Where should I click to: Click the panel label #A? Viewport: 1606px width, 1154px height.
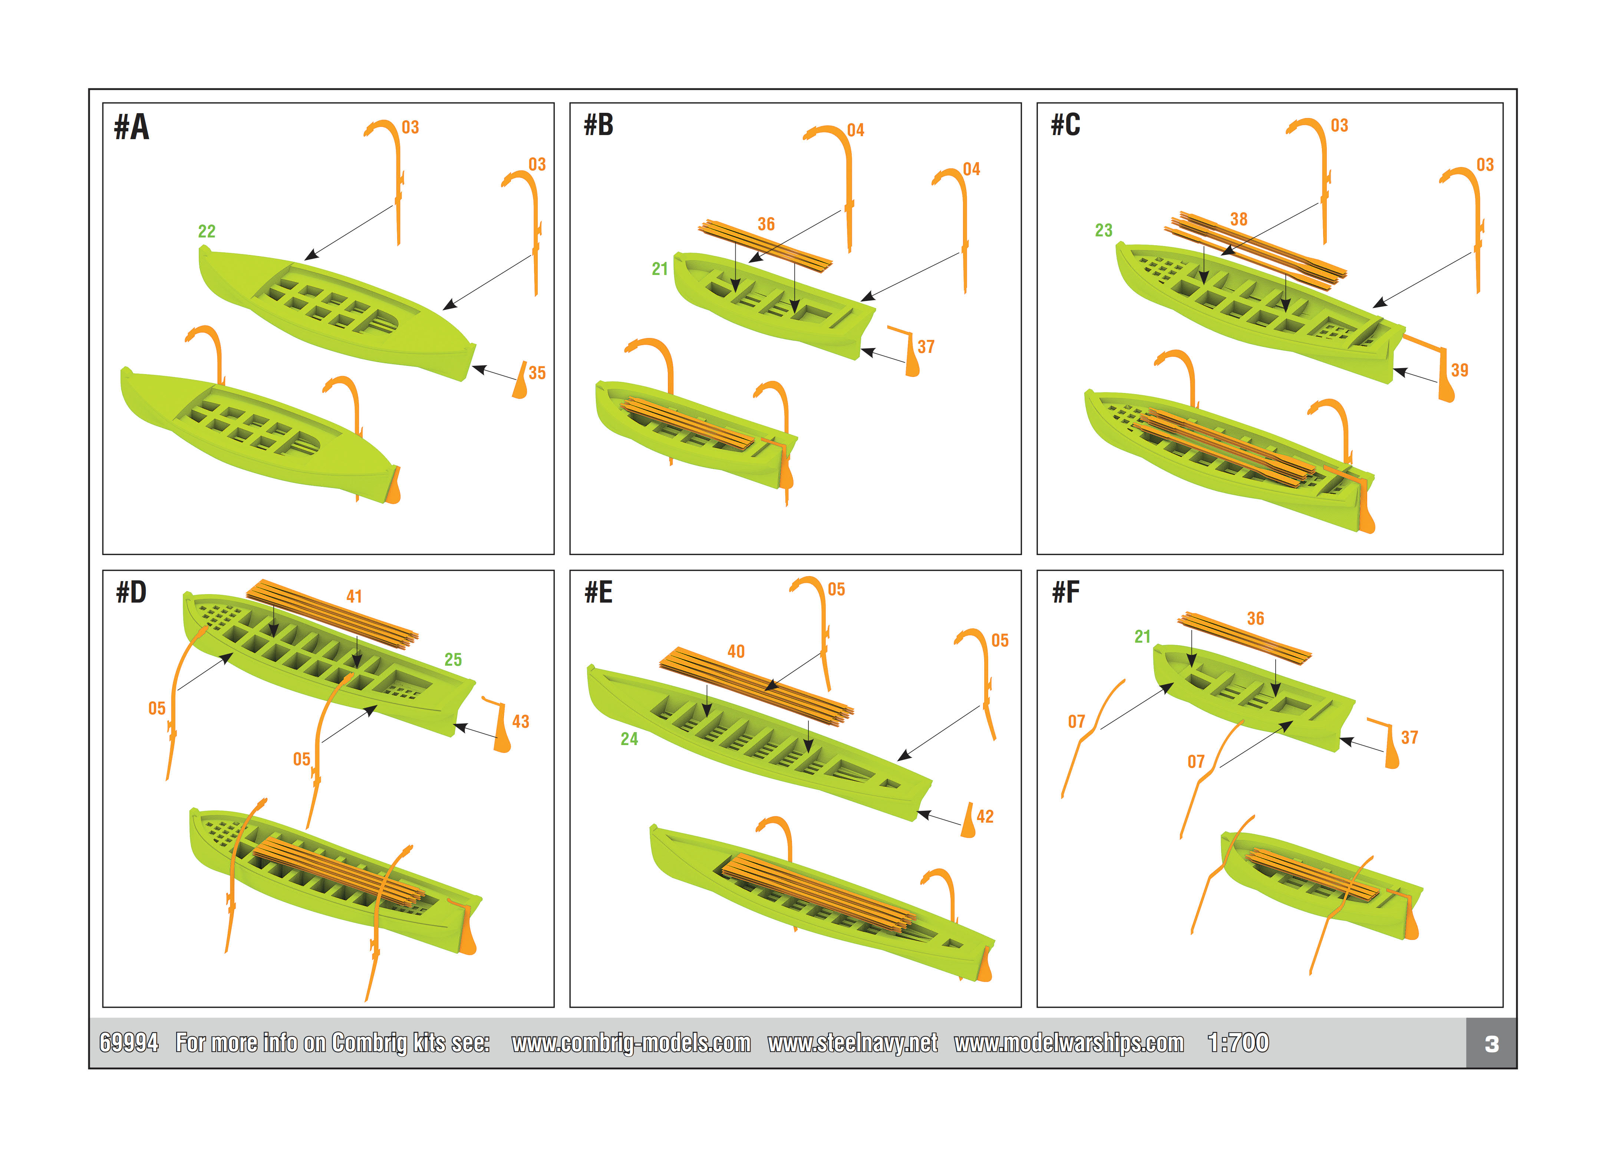click(132, 128)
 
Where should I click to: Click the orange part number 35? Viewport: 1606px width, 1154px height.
click(537, 373)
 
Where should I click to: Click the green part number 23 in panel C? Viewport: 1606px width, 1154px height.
click(1103, 230)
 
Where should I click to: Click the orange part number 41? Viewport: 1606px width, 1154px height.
click(354, 597)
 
